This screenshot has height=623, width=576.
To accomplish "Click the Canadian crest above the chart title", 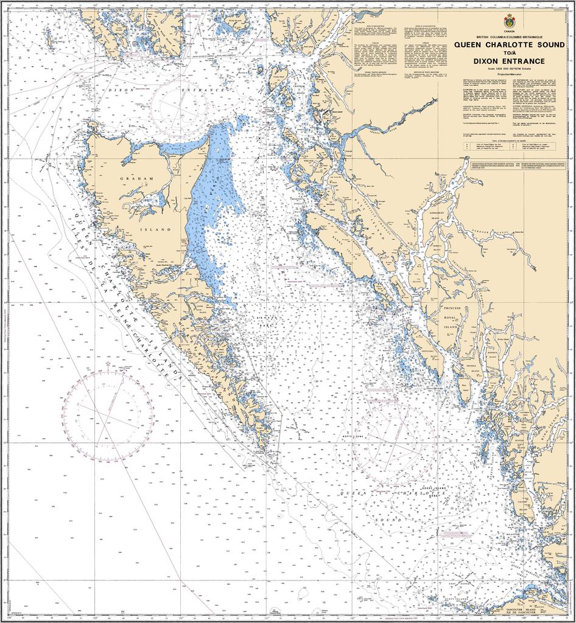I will [508, 22].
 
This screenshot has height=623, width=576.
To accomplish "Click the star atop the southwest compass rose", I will [108, 365].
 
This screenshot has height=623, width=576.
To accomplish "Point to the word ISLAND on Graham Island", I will [149, 230].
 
